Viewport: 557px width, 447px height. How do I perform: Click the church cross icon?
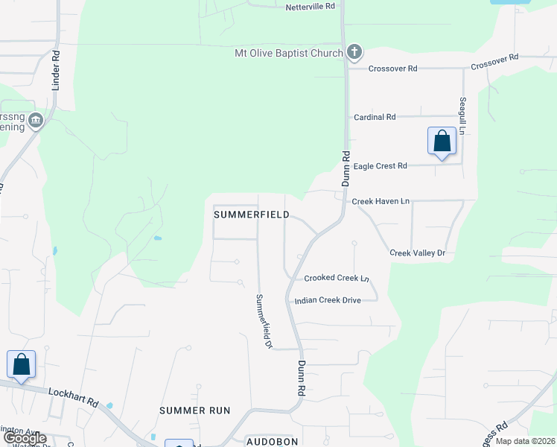[x=354, y=52]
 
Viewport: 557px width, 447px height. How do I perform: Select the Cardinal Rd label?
[x=374, y=117]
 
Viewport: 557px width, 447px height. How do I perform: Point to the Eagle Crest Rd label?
[x=380, y=166]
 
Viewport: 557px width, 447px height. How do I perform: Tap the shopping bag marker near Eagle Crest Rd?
[x=442, y=141]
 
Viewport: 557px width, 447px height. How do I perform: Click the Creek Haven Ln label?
[x=381, y=201]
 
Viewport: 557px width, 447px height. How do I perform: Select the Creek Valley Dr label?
[x=417, y=253]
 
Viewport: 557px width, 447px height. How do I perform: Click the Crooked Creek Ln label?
[x=337, y=278]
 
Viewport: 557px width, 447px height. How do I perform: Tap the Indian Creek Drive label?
[x=328, y=300]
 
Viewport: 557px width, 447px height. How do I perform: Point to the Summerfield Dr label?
[x=264, y=321]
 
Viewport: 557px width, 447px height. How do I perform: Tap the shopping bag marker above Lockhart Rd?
[x=21, y=365]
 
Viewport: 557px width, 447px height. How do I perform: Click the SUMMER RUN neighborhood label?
[x=194, y=410]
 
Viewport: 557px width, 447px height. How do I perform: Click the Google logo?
[x=24, y=439]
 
